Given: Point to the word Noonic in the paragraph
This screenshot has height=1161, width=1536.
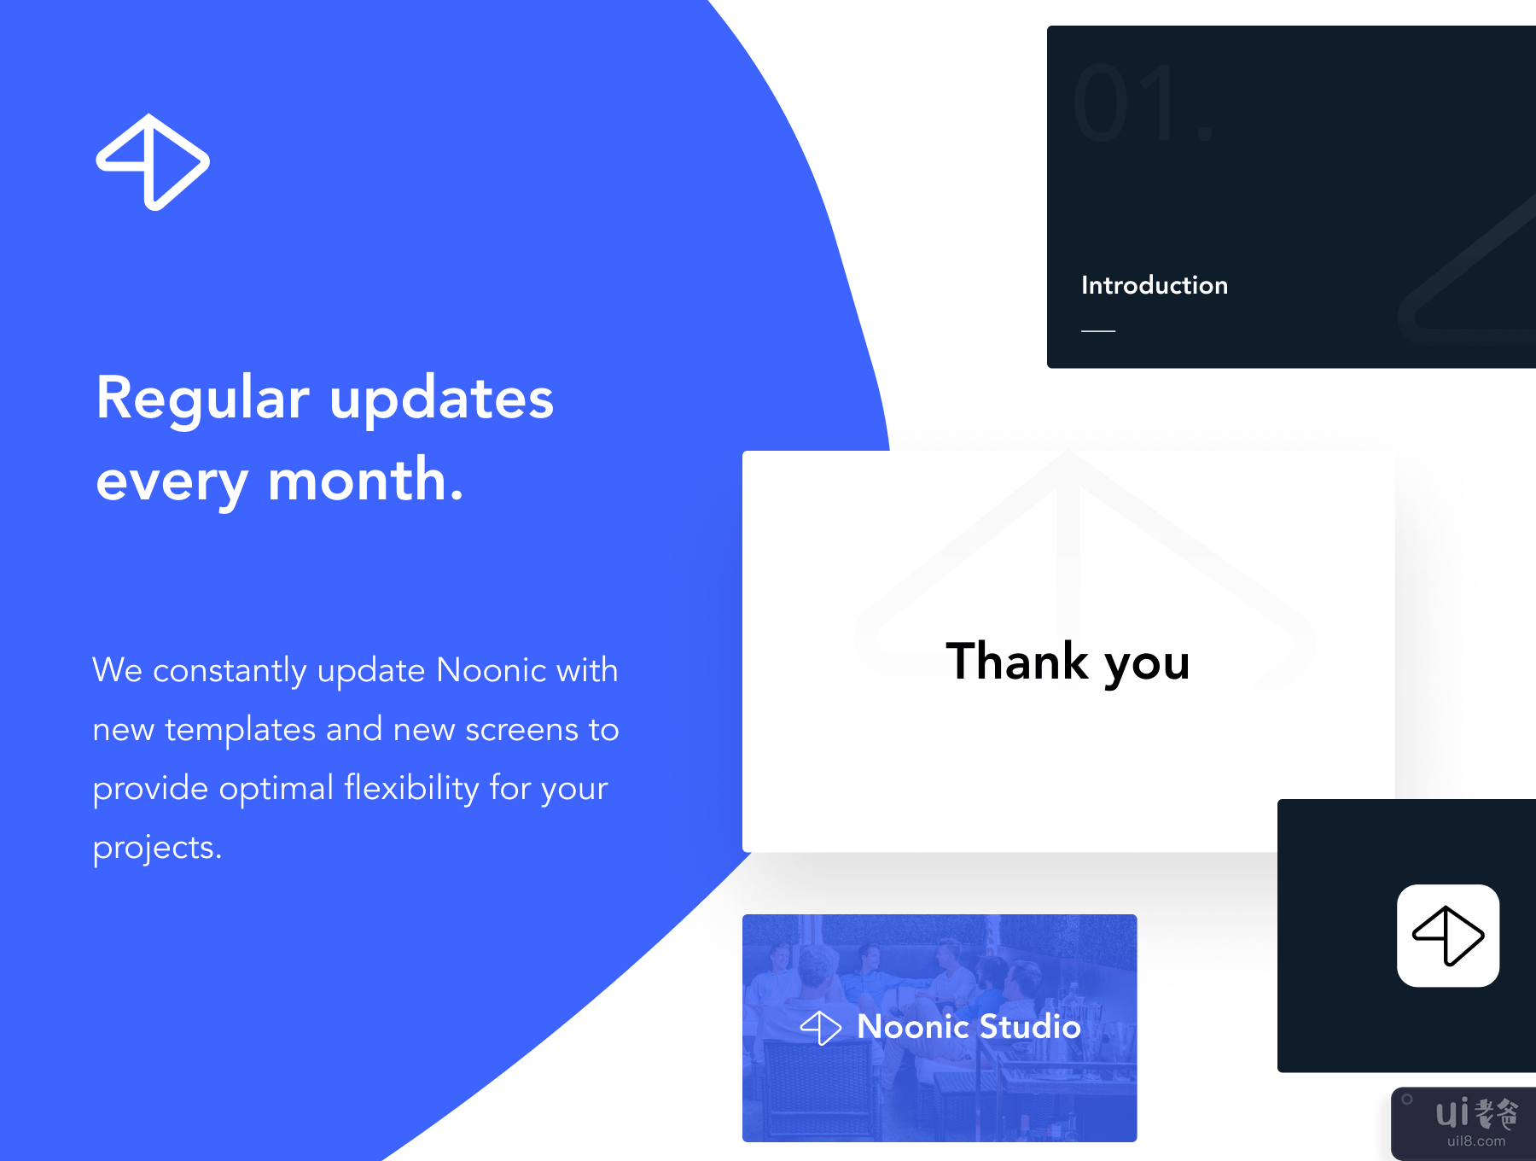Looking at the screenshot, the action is click(x=491, y=670).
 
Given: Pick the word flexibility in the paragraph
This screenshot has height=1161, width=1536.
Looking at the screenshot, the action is click(x=411, y=789).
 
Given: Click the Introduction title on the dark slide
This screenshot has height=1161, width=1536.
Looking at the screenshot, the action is click(x=1155, y=285).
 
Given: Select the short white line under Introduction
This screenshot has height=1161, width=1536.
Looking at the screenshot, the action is click(x=1098, y=330).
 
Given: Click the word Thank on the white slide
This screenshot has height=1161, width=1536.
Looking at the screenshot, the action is click(x=1017, y=661).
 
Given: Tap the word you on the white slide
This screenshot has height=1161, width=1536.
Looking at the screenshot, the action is click(x=1148, y=666).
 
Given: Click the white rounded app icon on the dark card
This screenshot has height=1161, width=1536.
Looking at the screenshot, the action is click(x=1448, y=936).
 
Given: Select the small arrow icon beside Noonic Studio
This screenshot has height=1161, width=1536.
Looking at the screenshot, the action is click(x=821, y=1028).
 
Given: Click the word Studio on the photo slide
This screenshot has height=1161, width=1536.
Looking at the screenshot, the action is click(x=1031, y=1026).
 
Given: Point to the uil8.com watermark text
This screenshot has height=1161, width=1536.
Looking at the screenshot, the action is click(x=1476, y=1141).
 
